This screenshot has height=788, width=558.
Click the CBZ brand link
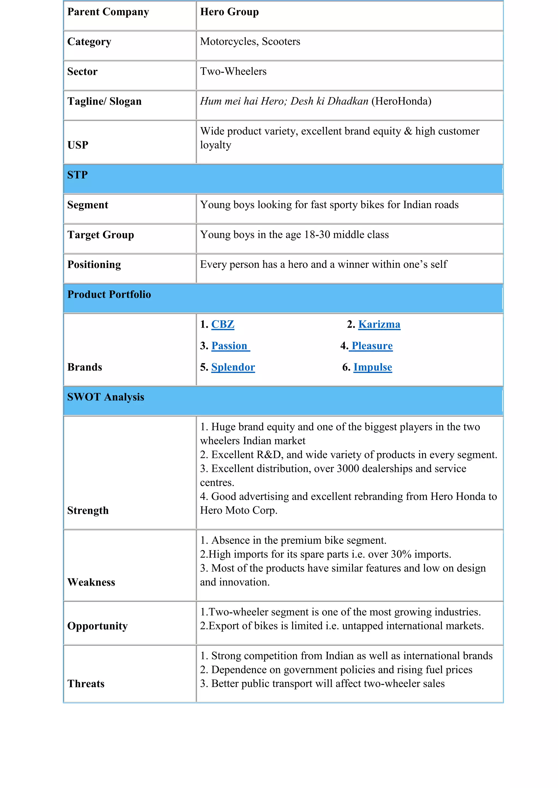223,324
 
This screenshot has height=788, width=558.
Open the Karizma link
379,324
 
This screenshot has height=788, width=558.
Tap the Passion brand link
229,346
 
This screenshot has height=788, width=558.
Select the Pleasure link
372,346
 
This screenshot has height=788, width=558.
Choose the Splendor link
233,367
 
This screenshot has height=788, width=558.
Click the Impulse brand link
372,367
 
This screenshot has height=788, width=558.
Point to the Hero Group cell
229,12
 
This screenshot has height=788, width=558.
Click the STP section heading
77,175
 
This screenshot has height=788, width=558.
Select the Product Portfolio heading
109,294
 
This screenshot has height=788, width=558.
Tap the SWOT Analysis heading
105,397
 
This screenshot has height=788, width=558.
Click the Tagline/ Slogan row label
104,101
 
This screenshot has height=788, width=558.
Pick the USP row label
78,145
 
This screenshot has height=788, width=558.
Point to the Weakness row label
91,582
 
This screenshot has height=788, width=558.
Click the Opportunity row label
97,626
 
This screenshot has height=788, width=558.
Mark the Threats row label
86,684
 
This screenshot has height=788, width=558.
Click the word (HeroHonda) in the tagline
401,101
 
